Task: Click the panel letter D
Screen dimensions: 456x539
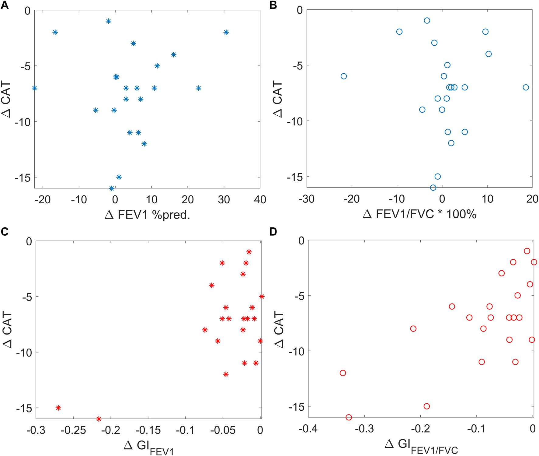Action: (273, 232)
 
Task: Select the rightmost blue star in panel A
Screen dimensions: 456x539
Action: (226, 32)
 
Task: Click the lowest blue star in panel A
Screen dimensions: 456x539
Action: (112, 188)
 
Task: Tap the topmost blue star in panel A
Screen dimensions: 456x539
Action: (108, 21)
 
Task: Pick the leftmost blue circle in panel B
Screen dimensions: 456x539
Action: (344, 76)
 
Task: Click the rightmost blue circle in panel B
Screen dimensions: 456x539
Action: (526, 87)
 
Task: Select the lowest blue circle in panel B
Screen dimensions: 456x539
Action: (433, 188)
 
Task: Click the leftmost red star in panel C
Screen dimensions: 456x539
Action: (58, 408)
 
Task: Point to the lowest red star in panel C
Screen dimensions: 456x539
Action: (99, 419)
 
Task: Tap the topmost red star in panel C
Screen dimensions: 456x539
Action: (249, 252)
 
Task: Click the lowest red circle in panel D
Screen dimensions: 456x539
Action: (349, 417)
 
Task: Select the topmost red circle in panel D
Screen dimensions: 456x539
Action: (527, 251)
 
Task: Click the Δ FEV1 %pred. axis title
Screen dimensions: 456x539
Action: (147, 215)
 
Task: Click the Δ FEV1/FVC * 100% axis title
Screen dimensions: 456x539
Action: (419, 214)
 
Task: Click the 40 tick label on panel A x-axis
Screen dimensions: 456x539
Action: (260, 200)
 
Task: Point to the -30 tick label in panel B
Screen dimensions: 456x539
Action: (306, 199)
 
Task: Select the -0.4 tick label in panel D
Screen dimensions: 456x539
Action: (308, 429)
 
